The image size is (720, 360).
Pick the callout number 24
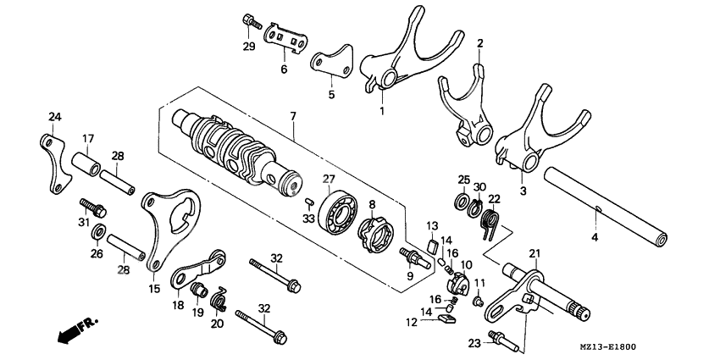pyautogui.click(x=54, y=116)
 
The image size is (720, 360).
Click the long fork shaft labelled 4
pyautogui.click(x=610, y=204)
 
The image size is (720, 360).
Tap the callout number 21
pyautogui.click(x=534, y=253)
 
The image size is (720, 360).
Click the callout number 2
pyautogui.click(x=479, y=42)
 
